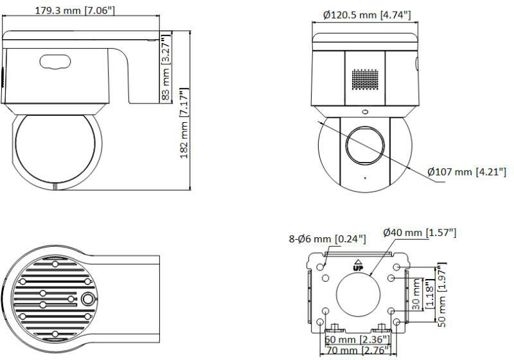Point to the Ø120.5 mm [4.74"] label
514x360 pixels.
(366, 14)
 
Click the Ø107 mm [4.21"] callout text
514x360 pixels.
(467, 172)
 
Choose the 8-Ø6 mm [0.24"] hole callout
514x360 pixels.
(327, 239)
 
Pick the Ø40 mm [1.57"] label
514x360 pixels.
(420, 233)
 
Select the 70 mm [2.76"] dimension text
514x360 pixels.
(355, 350)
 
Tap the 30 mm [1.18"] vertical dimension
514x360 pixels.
(419, 294)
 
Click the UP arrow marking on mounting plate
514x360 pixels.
(359, 264)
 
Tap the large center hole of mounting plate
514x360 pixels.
(360, 294)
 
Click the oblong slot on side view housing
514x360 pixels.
(55, 62)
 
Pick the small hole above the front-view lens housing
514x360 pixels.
(364, 111)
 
